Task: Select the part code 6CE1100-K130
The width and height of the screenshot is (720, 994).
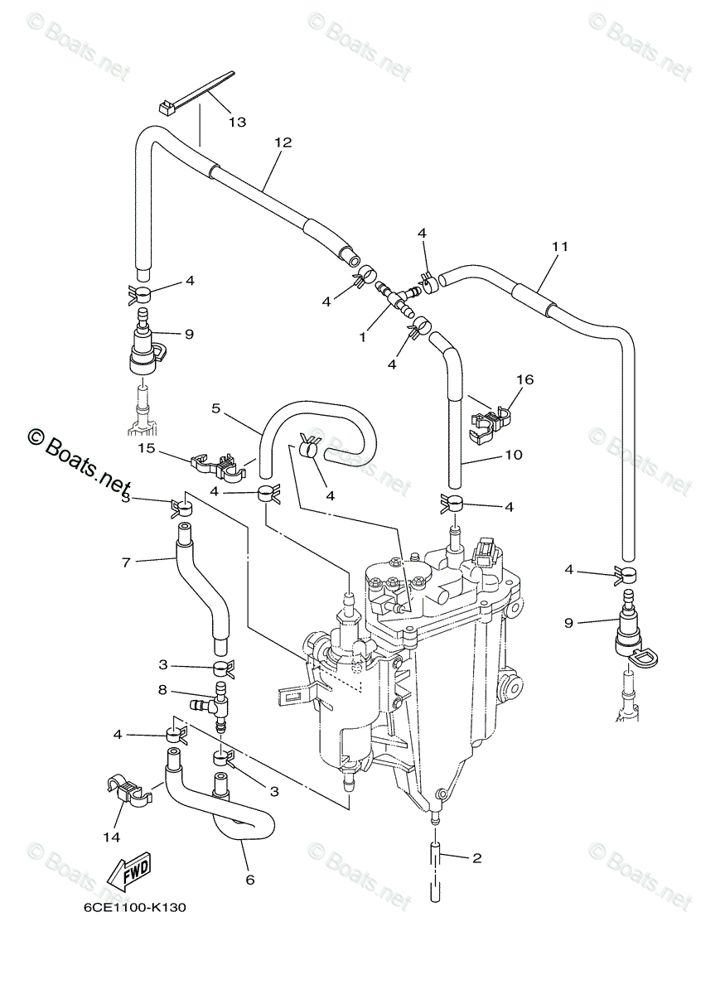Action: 134,907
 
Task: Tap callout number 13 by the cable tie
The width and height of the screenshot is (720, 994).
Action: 237,122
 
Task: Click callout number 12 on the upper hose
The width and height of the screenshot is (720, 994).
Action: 283,142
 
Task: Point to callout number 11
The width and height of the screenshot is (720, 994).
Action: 560,246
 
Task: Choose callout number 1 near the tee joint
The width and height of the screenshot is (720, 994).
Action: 362,339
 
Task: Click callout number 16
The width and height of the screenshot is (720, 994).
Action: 525,380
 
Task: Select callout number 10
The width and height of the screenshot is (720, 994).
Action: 514,455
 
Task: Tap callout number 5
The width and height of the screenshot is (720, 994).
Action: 215,408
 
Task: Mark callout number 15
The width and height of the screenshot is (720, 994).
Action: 147,448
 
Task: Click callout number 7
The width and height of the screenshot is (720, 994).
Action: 126,562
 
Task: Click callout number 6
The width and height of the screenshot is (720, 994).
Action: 249,880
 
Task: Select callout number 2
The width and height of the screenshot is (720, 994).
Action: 476,858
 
